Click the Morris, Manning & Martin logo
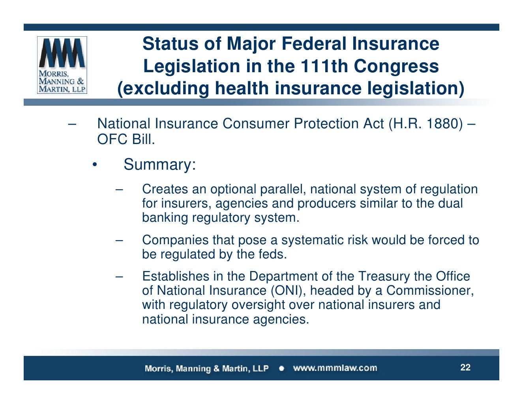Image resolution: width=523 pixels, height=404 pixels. click(62, 65)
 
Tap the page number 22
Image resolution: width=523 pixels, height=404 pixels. click(465, 368)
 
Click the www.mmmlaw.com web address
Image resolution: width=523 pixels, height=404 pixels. click(335, 368)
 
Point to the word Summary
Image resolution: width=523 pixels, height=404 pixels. click(159, 165)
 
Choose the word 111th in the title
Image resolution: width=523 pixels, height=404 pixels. click(324, 66)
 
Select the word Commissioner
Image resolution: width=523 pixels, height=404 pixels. click(429, 291)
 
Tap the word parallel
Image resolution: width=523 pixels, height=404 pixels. click(283, 189)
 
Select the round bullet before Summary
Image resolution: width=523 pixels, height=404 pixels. click(94, 165)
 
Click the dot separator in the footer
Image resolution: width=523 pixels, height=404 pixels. click(281, 368)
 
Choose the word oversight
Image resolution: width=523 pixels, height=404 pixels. click(258, 305)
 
